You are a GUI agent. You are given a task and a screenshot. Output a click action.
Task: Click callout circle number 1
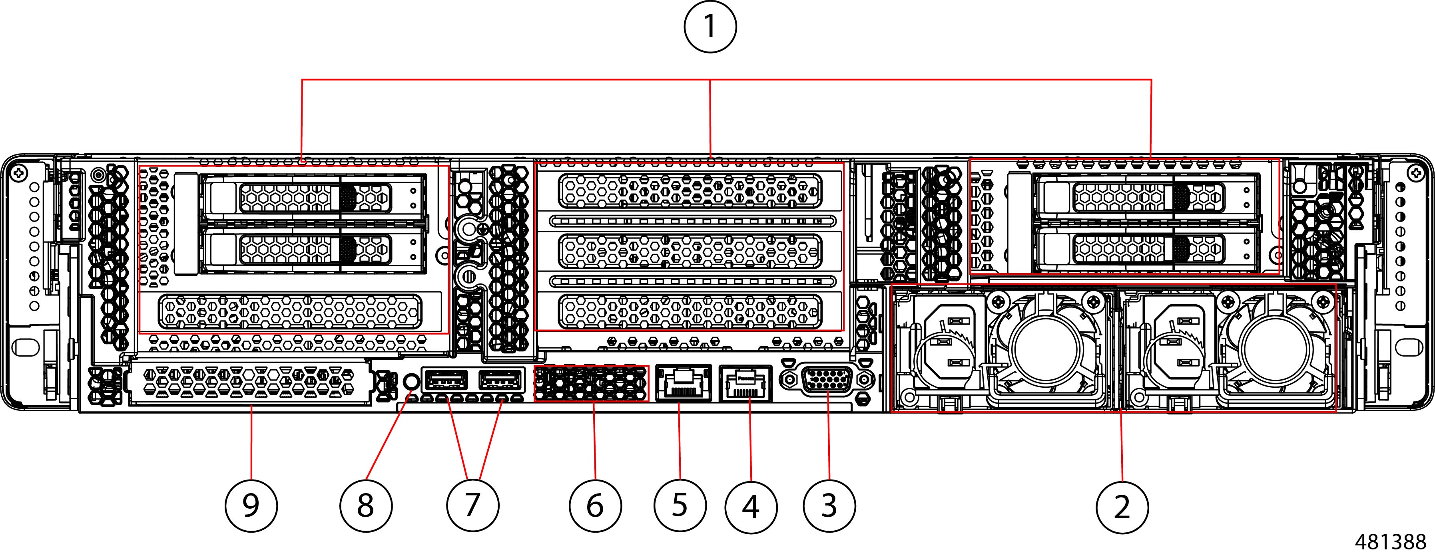click(x=710, y=26)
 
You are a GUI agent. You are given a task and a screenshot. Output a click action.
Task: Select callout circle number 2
click(x=1122, y=507)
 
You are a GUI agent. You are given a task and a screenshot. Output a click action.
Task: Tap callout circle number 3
click(x=829, y=506)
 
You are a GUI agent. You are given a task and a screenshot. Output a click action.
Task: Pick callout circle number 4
click(x=751, y=507)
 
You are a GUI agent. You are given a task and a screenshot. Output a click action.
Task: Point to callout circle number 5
click(x=680, y=506)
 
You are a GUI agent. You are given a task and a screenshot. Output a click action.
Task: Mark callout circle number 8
click(x=365, y=506)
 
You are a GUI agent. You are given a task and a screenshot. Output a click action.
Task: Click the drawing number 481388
click(x=1389, y=542)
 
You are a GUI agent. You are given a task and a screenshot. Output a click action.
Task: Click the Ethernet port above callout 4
click(x=746, y=383)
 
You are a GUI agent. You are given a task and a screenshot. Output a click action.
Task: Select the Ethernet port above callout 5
click(x=684, y=383)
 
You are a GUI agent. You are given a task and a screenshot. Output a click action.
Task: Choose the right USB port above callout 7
click(x=500, y=381)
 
